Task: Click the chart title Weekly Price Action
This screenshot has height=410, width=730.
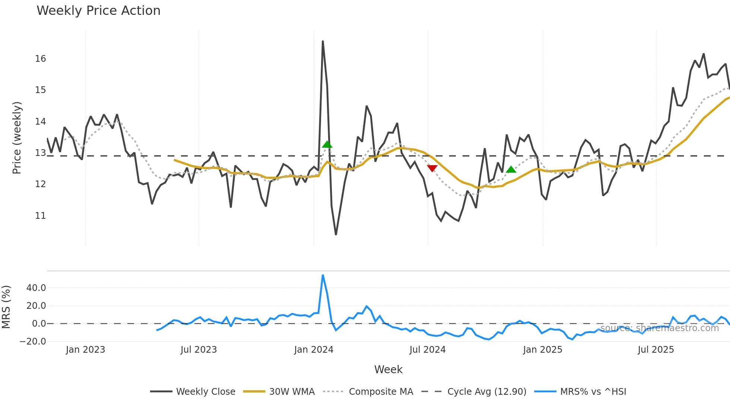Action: point(98,11)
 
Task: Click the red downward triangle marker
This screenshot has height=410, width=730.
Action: point(432,168)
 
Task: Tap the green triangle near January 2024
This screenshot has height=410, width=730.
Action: point(327,144)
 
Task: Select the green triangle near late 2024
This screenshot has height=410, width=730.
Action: point(511,170)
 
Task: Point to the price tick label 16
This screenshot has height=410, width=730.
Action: point(40,59)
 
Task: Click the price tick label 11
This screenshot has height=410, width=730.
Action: point(40,216)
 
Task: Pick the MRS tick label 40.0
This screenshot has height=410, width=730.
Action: point(36,288)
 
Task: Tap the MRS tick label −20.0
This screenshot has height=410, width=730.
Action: point(33,342)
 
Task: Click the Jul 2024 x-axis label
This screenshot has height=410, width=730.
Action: point(427,350)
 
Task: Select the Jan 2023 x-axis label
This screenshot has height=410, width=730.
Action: point(85,350)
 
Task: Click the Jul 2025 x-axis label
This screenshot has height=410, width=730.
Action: point(656,350)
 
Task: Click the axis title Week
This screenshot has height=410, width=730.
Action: point(388,369)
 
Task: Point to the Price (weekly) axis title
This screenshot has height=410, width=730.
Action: point(17,138)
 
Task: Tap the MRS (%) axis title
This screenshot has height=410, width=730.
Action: point(6,307)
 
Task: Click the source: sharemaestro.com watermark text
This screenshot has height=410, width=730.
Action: point(659,328)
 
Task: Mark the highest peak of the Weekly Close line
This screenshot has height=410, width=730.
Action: point(323,41)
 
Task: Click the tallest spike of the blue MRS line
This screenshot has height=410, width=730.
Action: point(323,275)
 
